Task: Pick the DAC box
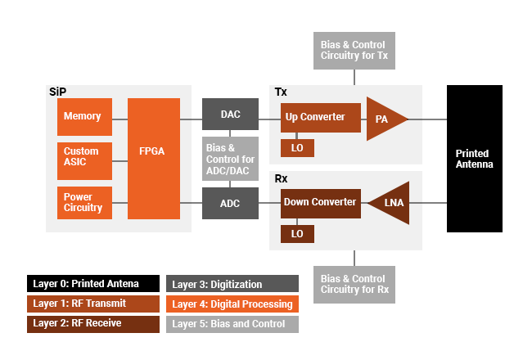[x=231, y=115]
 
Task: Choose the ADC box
[x=231, y=202]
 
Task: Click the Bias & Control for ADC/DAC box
[x=231, y=159]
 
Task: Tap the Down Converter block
[x=320, y=202]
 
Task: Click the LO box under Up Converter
[x=297, y=148]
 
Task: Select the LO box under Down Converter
[x=297, y=234]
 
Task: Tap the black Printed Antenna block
[x=474, y=159]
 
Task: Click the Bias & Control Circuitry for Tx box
[x=354, y=51]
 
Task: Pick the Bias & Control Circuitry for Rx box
[x=354, y=285]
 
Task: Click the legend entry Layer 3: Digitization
[x=232, y=284]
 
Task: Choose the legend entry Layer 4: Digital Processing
[x=232, y=304]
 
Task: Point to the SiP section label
[x=56, y=91]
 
